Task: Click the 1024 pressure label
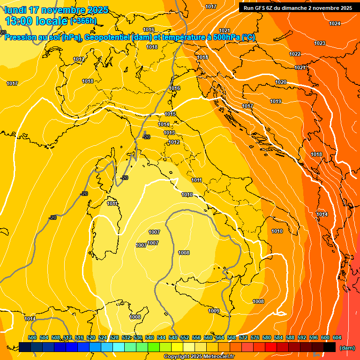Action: pos(335,23)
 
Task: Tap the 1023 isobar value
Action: pos(320,43)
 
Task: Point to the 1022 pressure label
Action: pos(295,54)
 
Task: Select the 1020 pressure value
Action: pos(281,82)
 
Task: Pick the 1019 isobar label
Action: pos(276,102)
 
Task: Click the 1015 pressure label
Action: pos(170,114)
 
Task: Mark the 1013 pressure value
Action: pos(169,133)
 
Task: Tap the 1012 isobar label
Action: pos(174,142)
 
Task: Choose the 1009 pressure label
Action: pos(214,311)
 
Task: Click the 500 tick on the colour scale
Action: pos(32,337)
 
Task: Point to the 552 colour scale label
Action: pos(185,337)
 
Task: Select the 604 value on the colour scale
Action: pos(337,337)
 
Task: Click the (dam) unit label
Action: pos(347,348)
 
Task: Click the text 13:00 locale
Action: pos(36,21)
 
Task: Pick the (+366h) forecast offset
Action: pos(83,21)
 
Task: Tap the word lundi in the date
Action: pos(15,10)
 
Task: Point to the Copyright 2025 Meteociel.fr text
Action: pos(199,357)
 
